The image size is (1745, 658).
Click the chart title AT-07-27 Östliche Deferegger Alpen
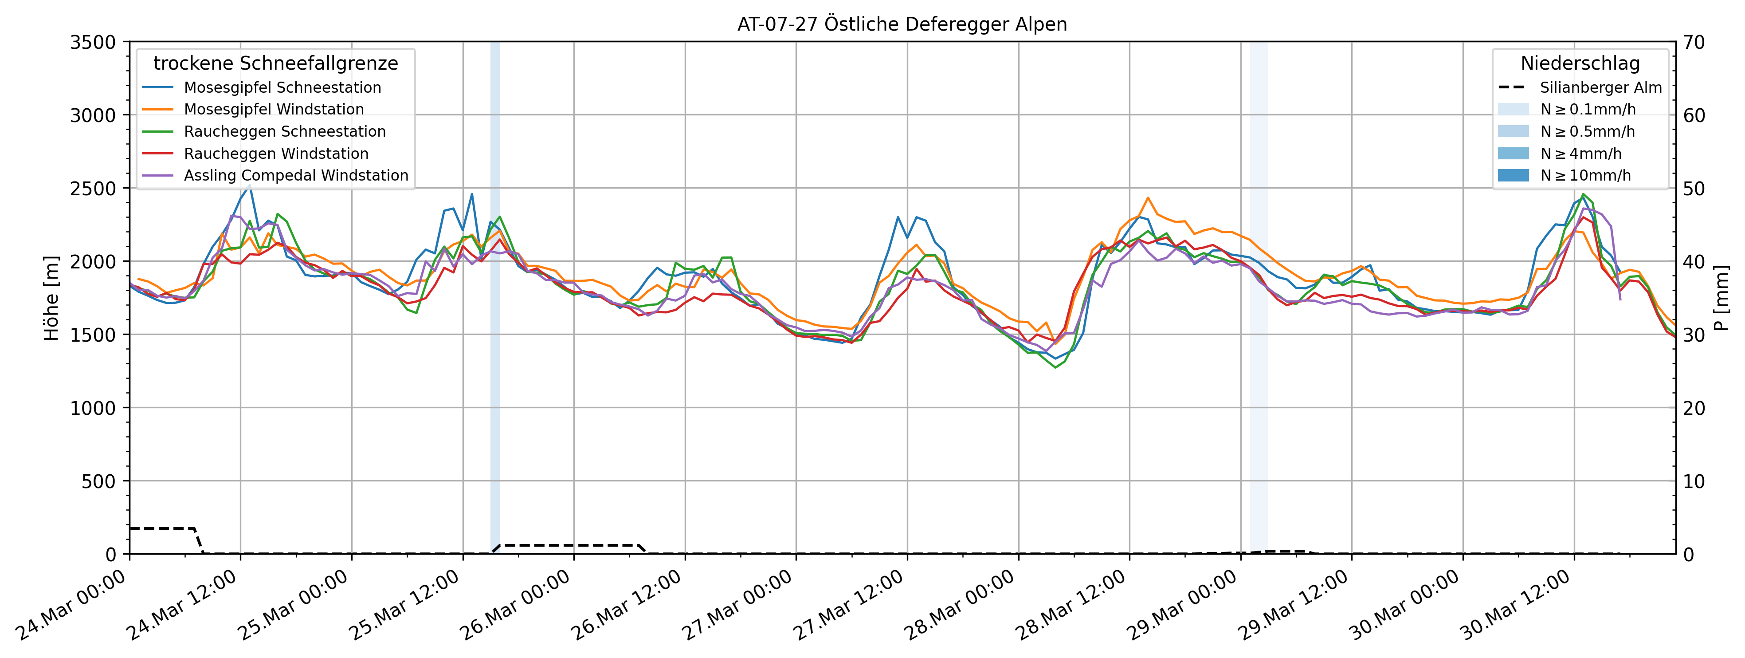tap(902, 24)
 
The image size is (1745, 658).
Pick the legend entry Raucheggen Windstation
tap(276, 154)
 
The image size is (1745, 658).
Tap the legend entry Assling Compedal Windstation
tap(296, 176)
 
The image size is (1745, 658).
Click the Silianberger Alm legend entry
tap(1600, 87)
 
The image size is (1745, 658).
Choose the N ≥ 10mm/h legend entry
tap(1585, 176)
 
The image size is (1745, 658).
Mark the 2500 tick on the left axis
tap(93, 189)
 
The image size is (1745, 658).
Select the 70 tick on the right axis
tap(1694, 42)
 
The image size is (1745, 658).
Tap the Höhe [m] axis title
tap(51, 298)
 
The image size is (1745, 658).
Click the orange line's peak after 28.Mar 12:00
tap(1148, 198)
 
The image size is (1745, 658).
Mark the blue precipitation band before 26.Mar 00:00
tap(495, 298)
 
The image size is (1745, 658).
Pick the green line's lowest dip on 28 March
tap(1055, 367)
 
